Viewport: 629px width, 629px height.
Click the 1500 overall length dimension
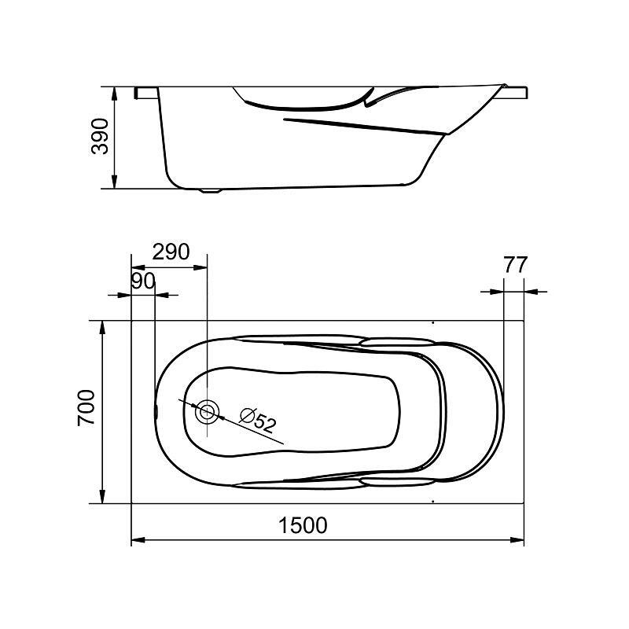[303, 525]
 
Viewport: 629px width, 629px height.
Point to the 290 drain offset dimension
[171, 252]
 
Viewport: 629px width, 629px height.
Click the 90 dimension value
[143, 281]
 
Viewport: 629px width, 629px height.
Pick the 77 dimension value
[515, 265]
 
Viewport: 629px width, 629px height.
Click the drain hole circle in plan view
[208, 411]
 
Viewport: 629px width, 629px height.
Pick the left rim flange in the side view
[147, 93]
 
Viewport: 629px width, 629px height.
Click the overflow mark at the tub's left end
[155, 410]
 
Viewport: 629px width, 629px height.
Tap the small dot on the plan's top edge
[433, 322]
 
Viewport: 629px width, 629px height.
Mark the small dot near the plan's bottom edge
[433, 500]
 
